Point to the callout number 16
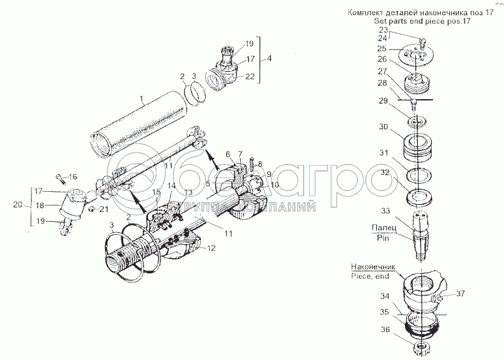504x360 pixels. click(x=72, y=176)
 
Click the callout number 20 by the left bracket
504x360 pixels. click(x=17, y=204)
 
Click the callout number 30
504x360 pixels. click(x=383, y=127)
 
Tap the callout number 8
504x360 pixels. click(x=259, y=163)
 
